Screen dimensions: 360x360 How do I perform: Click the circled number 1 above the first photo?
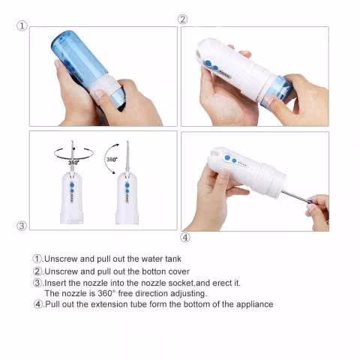point(22,25)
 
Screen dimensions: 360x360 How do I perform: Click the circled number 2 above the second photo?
point(182,19)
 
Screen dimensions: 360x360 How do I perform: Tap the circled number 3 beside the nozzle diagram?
point(22,226)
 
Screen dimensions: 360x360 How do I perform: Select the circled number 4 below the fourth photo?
point(185,237)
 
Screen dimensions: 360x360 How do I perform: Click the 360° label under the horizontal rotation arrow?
point(73,163)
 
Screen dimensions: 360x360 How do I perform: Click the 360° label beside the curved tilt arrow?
point(112,159)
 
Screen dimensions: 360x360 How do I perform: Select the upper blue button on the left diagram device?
point(72,185)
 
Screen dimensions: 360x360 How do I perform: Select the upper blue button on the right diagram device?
point(127,185)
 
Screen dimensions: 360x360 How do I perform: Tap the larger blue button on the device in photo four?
point(227,157)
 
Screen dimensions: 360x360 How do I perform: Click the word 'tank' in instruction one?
point(173,259)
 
